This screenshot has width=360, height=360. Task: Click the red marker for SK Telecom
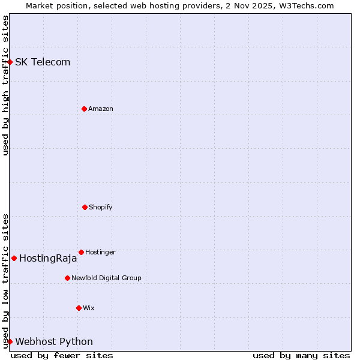click(10, 62)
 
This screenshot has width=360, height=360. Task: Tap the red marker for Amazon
click(84, 109)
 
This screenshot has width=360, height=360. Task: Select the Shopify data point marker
click(85, 207)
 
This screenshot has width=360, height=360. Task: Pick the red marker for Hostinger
click(81, 252)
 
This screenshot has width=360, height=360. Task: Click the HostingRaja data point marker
click(14, 258)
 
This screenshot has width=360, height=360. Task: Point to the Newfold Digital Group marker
click(67, 278)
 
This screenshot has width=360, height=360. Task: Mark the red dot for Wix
click(79, 308)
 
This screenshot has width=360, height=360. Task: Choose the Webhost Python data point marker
click(10, 341)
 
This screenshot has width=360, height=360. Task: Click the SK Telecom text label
click(43, 62)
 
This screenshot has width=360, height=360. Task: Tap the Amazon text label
click(101, 109)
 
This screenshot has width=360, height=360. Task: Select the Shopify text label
click(101, 207)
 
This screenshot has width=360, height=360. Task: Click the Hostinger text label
click(100, 252)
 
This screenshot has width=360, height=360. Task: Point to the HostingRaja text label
click(48, 259)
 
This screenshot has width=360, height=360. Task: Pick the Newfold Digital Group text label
click(106, 278)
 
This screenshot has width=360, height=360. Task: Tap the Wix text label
click(89, 308)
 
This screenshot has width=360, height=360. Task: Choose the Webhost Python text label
click(54, 342)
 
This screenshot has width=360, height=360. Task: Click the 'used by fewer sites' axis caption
click(62, 355)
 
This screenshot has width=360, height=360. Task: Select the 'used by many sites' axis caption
click(301, 355)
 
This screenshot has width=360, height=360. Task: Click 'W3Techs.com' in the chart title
click(308, 5)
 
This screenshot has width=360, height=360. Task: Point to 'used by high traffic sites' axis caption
click(5, 85)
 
